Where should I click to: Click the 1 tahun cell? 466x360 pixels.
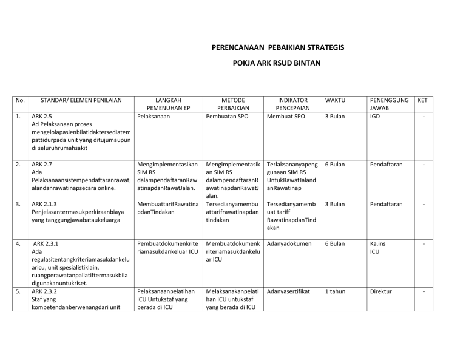(x=335, y=291)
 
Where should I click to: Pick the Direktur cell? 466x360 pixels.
(x=383, y=291)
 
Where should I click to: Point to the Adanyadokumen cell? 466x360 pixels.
(x=289, y=243)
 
